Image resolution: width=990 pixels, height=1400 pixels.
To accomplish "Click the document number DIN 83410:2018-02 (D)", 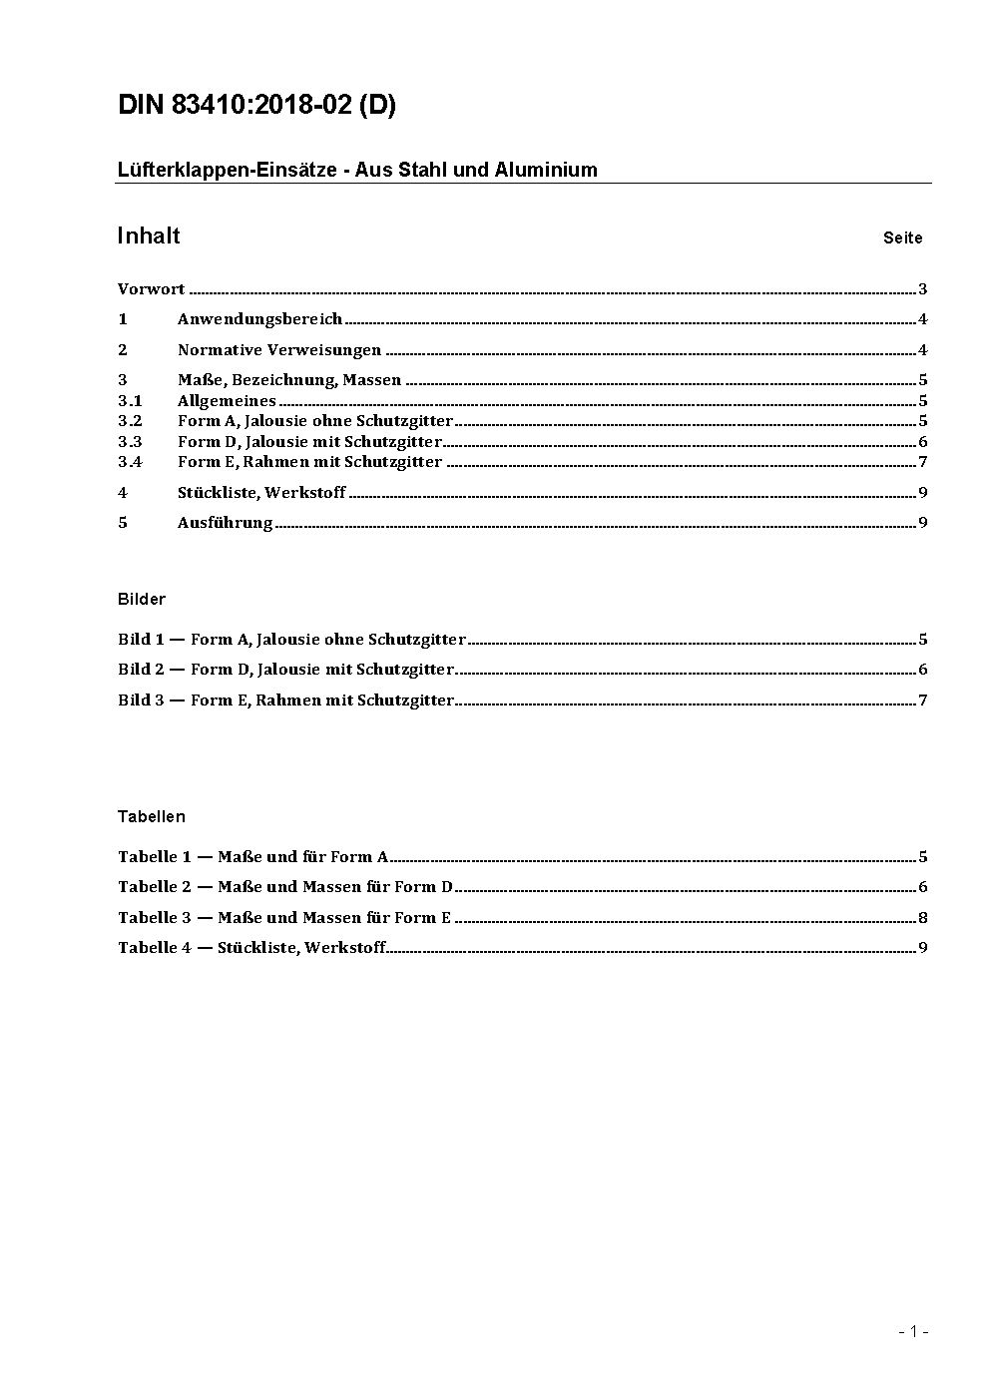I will click(x=256, y=106).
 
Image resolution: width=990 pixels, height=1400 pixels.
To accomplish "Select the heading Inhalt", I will click(x=149, y=235).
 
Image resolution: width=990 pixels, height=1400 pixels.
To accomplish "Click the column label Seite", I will click(x=902, y=238).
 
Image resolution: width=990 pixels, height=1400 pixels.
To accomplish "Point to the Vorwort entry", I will click(x=151, y=289).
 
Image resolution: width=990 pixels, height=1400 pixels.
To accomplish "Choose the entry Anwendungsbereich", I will click(x=259, y=319).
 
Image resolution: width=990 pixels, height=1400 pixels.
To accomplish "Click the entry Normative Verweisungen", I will click(x=279, y=350).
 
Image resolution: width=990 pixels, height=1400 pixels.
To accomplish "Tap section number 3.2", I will click(x=130, y=421).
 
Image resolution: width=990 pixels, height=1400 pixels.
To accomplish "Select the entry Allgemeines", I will click(x=227, y=401).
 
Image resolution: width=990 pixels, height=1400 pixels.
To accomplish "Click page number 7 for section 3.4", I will click(x=923, y=461).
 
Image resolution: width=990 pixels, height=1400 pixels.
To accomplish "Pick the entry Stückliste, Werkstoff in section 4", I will click(x=261, y=493).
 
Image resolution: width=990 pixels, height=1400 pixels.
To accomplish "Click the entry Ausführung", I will click(x=225, y=523).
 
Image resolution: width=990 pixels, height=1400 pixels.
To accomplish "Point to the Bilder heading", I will click(x=142, y=600).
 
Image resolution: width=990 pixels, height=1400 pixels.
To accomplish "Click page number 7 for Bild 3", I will click(x=923, y=700).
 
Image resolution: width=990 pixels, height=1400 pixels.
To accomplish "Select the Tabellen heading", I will click(x=152, y=817).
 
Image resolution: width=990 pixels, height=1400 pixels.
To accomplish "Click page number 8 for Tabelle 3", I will click(x=923, y=918).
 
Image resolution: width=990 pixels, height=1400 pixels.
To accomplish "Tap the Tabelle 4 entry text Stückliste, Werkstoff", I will click(x=301, y=948).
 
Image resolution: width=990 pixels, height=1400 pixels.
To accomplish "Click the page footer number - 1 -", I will click(x=913, y=1331).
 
